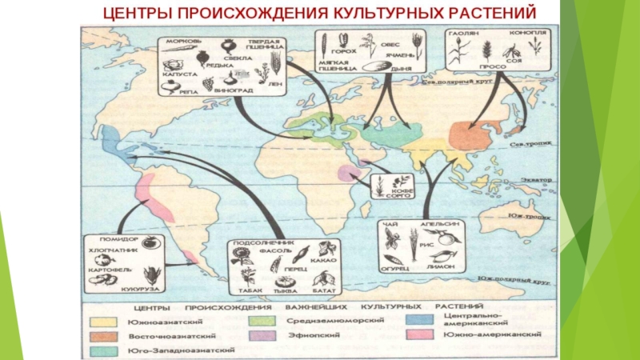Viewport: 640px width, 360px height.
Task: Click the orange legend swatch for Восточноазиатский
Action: tap(102, 334)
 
